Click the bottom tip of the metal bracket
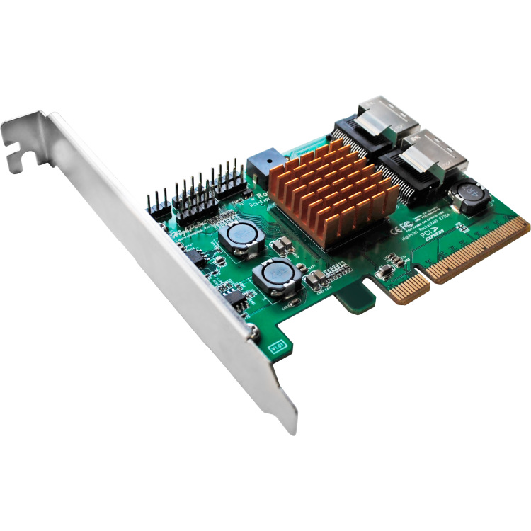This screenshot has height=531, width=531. tap(290, 425)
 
